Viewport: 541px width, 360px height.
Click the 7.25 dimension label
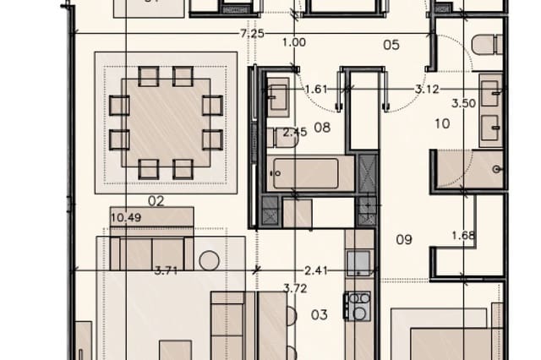(252, 34)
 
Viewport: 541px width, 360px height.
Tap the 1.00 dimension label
(294, 42)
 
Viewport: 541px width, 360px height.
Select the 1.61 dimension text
(315, 89)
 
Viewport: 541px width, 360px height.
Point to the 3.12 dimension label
(426, 89)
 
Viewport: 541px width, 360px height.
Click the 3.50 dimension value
(464, 103)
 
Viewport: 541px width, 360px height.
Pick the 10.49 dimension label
(125, 218)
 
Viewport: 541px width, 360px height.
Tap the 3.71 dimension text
(167, 270)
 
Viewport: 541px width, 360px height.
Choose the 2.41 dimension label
(315, 270)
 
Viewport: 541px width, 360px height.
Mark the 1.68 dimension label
(462, 235)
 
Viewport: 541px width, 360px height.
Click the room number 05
(391, 45)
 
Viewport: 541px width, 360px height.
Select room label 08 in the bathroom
(321, 128)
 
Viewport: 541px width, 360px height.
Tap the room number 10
(442, 124)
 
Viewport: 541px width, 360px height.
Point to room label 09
(404, 239)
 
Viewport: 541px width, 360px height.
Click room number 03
(319, 315)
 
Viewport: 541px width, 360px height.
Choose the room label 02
(156, 201)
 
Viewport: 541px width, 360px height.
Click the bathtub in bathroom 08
(311, 175)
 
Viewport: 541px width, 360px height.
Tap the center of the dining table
(166, 123)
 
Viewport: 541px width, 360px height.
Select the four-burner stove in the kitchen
(358, 305)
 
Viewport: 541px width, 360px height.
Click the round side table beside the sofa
(210, 259)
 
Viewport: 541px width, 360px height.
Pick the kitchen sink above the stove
(358, 264)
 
